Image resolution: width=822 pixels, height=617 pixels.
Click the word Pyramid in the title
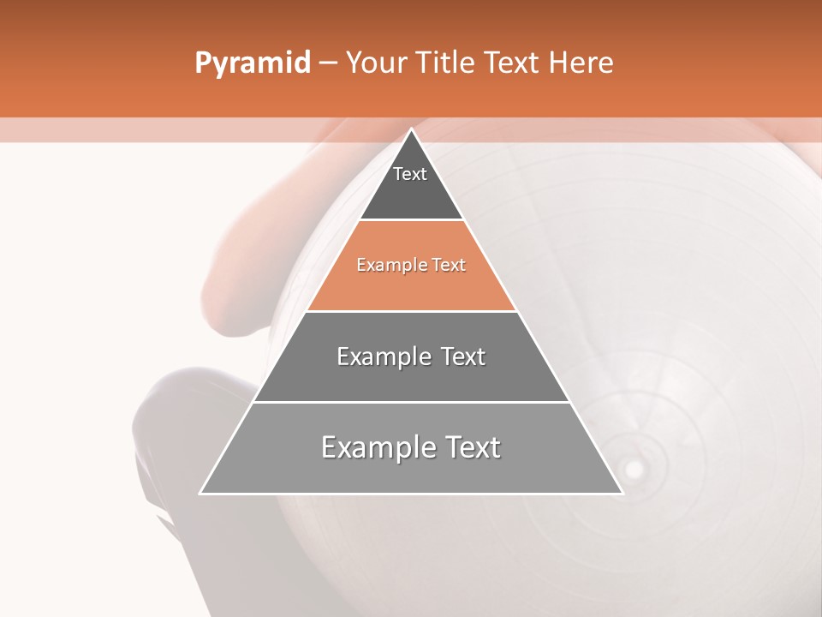[x=252, y=63]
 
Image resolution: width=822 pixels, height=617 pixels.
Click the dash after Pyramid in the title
[x=327, y=63]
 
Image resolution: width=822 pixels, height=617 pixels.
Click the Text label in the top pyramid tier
[x=410, y=175]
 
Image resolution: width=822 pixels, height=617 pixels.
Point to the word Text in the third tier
[x=463, y=356]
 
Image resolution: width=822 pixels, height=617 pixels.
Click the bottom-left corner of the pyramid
[x=201, y=493]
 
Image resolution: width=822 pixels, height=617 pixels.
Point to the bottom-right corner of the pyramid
[x=622, y=493]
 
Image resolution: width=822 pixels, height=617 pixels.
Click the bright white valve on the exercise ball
[x=634, y=469]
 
